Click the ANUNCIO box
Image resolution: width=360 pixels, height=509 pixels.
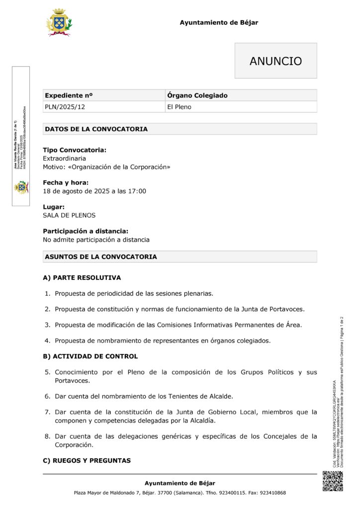point(275,61)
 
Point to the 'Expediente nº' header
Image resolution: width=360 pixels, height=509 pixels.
point(69,95)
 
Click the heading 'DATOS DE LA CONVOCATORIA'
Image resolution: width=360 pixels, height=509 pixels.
point(96,129)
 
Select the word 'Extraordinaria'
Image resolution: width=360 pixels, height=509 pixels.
point(64,158)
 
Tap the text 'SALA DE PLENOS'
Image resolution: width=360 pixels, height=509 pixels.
point(69,215)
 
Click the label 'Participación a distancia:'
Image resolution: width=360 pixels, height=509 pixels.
point(86,231)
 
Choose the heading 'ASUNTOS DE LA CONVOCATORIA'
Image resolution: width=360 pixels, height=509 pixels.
point(100,257)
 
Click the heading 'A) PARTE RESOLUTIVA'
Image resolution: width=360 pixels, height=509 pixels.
point(82,277)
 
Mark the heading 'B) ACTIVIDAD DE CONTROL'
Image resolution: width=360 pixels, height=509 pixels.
point(90,356)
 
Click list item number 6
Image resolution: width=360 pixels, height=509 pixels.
point(144,396)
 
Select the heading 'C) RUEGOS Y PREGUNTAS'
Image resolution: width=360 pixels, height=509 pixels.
point(87,461)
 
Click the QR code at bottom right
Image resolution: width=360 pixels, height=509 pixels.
point(333,481)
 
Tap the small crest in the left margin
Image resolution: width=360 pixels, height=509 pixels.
point(21,187)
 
